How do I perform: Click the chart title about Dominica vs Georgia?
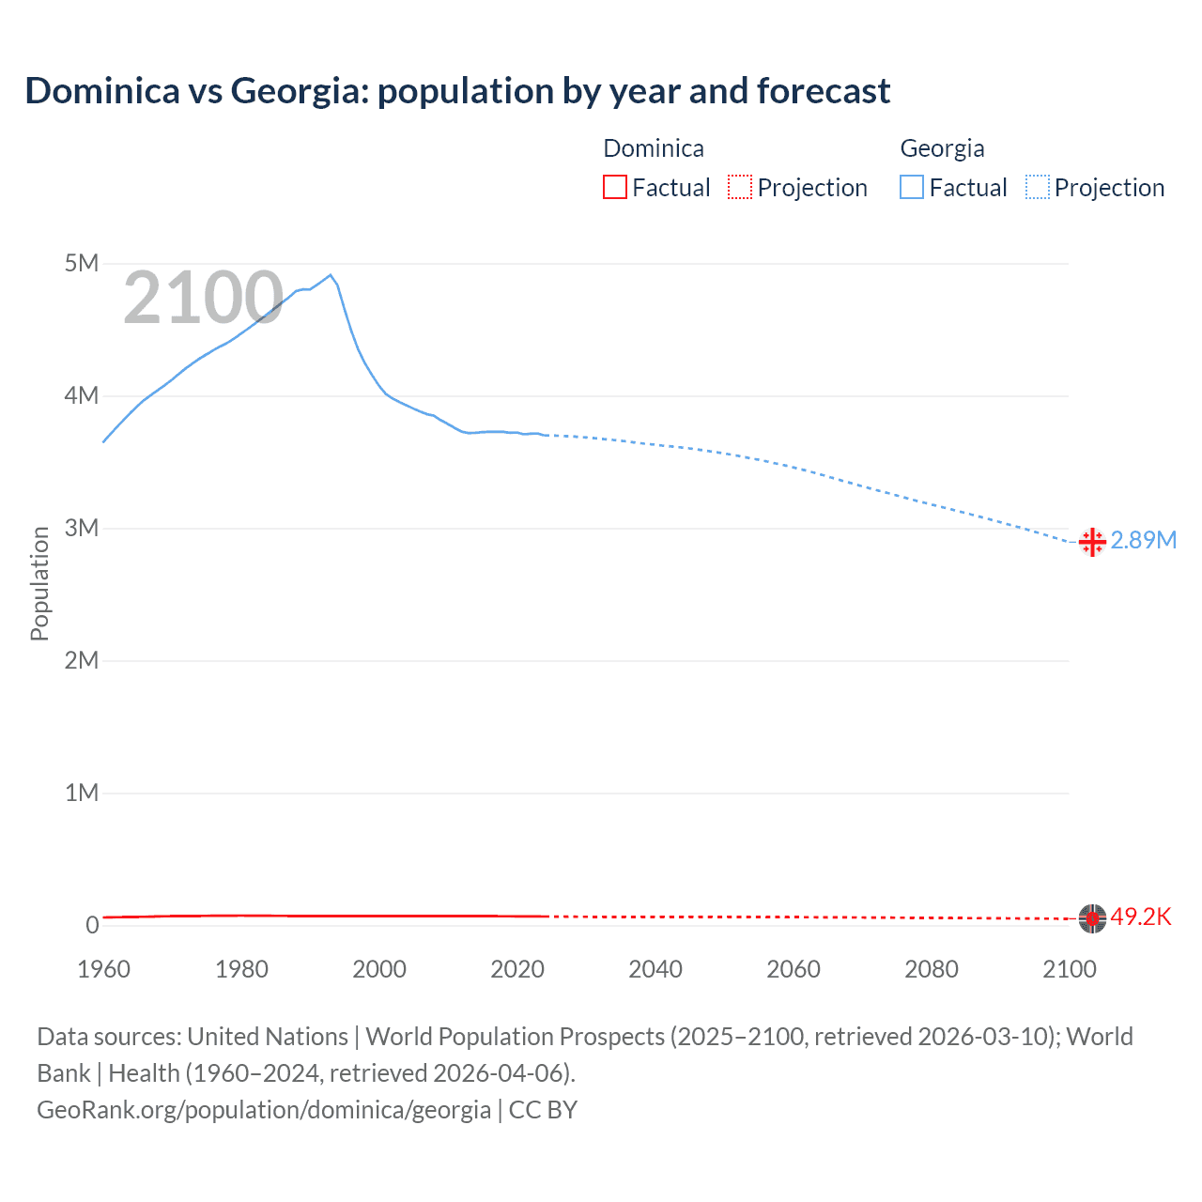tap(457, 91)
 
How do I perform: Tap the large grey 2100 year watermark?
tap(203, 298)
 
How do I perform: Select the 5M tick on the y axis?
tap(82, 263)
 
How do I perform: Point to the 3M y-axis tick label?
tap(82, 528)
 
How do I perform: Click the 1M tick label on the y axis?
tap(82, 793)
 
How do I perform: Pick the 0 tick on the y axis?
tap(92, 925)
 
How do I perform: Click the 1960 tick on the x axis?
tap(103, 969)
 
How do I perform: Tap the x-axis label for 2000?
tap(379, 969)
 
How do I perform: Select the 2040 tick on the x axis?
tap(655, 969)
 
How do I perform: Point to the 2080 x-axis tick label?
tap(932, 969)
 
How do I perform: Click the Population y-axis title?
tap(39, 583)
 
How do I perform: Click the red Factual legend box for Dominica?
tap(615, 188)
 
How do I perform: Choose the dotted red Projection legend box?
tap(740, 188)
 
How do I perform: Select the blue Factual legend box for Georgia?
tap(912, 188)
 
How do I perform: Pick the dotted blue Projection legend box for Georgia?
tap(1038, 188)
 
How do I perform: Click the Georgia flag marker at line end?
tap(1092, 542)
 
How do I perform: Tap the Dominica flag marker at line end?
tap(1092, 918)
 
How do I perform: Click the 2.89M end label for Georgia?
tap(1144, 540)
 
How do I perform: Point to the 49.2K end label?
tap(1141, 917)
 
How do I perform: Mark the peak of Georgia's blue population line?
tap(331, 275)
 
